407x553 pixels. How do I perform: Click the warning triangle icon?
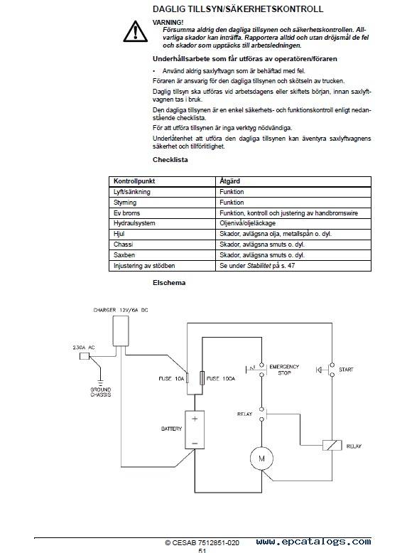[x=136, y=31]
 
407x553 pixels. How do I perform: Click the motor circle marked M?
[x=261, y=458]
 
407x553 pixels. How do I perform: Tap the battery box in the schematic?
[x=195, y=429]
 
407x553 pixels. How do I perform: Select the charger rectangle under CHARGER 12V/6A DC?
[x=121, y=331]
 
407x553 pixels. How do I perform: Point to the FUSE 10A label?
[x=171, y=378]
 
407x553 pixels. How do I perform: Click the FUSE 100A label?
[x=221, y=378]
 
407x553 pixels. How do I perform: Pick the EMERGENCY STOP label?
[x=284, y=370]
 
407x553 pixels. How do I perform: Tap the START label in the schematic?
[x=346, y=369]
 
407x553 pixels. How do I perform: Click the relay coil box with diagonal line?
[x=332, y=445]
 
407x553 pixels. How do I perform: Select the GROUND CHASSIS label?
[x=100, y=392]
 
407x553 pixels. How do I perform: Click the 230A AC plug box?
[x=85, y=356]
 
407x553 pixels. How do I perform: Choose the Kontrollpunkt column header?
[x=134, y=181]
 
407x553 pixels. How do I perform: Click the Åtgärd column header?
[x=229, y=181]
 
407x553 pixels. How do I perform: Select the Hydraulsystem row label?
[x=134, y=223]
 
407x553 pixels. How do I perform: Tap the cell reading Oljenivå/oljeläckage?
[x=247, y=223]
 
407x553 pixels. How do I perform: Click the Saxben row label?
[x=124, y=255]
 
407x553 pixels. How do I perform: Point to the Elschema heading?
[x=169, y=282]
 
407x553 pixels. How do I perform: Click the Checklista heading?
[x=170, y=160]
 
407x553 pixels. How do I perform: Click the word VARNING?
[x=168, y=22]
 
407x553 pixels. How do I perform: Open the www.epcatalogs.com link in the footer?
[x=314, y=542]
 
